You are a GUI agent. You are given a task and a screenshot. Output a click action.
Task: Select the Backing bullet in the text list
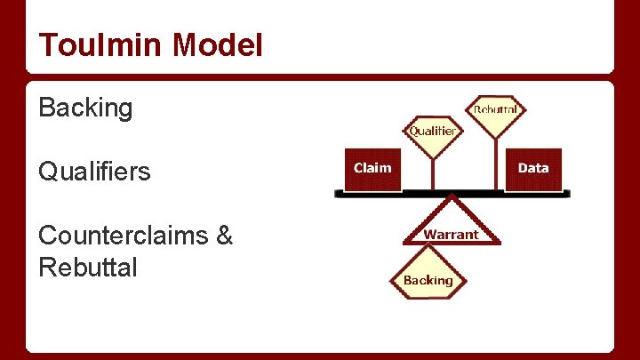85,109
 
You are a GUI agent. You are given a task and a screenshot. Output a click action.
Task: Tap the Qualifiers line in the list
94,171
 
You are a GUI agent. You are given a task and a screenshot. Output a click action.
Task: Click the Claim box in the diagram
372,169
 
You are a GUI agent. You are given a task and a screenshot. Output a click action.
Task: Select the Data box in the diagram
533,169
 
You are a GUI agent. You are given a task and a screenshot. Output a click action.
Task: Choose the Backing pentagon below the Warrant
428,278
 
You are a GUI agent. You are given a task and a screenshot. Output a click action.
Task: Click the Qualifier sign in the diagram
433,132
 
